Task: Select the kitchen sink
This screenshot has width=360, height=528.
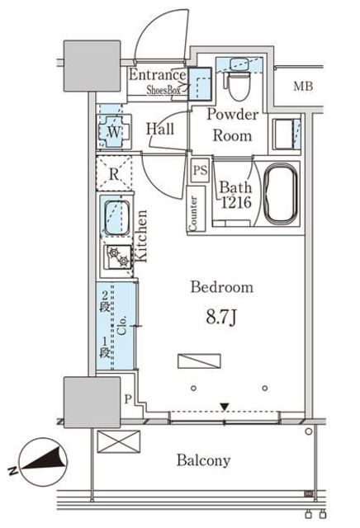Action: (116, 217)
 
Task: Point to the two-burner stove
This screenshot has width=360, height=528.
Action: (118, 257)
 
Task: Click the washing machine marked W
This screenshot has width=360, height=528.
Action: (114, 132)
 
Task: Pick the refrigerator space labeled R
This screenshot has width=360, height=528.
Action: (114, 173)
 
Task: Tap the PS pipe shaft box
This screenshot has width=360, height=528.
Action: (200, 171)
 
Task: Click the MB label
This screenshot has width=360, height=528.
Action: (303, 86)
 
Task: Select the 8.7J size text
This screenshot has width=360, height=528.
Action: (221, 317)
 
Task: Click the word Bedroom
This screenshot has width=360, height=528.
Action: (222, 287)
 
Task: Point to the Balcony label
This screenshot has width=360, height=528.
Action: (204, 460)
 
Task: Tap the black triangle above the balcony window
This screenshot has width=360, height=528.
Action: (225, 407)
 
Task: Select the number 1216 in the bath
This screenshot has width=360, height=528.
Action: (236, 202)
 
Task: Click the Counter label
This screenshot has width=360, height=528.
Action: (193, 214)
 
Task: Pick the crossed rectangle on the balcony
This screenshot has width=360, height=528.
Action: (118, 441)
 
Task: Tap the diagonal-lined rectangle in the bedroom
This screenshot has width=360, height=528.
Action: (199, 361)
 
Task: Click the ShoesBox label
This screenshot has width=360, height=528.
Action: (163, 90)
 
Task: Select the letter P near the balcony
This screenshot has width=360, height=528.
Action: (127, 399)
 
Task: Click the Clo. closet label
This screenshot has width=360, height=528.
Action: (121, 325)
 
